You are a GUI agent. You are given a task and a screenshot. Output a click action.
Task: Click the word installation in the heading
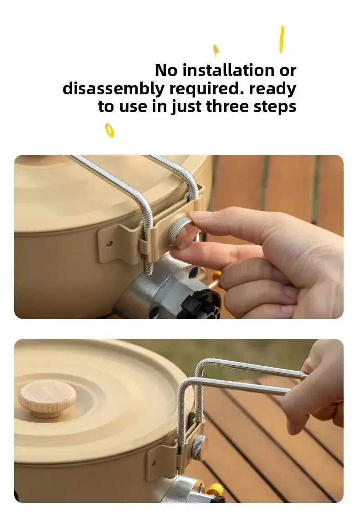coord(227,71)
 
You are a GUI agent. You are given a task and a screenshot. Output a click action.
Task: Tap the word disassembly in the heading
coord(112,89)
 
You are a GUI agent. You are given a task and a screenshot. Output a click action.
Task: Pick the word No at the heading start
coord(166,71)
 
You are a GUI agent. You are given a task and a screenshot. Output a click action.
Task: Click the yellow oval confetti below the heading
coord(109,130)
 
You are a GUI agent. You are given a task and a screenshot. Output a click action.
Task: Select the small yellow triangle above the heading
coord(216,49)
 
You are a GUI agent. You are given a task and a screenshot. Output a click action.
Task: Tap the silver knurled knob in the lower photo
coord(199,447)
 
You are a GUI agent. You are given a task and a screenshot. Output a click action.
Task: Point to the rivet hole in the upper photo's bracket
coord(108,243)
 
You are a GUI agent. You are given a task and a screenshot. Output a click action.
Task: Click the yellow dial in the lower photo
coord(216,491)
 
